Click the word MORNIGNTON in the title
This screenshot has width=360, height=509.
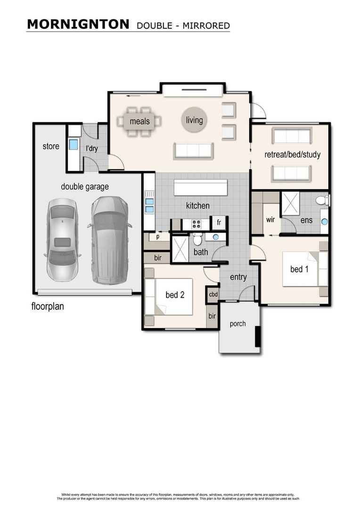point(78,25)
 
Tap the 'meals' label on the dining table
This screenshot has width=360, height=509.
point(139,122)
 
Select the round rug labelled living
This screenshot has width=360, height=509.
point(194,120)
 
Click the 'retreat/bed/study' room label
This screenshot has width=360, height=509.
point(292,155)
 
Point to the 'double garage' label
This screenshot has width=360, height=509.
point(85,187)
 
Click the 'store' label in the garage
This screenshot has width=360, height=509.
point(51,146)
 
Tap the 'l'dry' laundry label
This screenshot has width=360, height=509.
point(91,148)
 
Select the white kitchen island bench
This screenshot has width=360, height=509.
point(201,187)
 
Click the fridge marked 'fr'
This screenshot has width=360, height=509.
point(219,222)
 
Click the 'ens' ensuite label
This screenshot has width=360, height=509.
point(306,220)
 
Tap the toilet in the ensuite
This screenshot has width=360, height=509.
point(322,200)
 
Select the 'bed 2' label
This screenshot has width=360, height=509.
point(174,295)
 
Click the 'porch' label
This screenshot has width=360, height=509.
point(238,324)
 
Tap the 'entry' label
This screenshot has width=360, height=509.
point(238,277)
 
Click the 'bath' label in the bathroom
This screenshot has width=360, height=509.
point(201,252)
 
